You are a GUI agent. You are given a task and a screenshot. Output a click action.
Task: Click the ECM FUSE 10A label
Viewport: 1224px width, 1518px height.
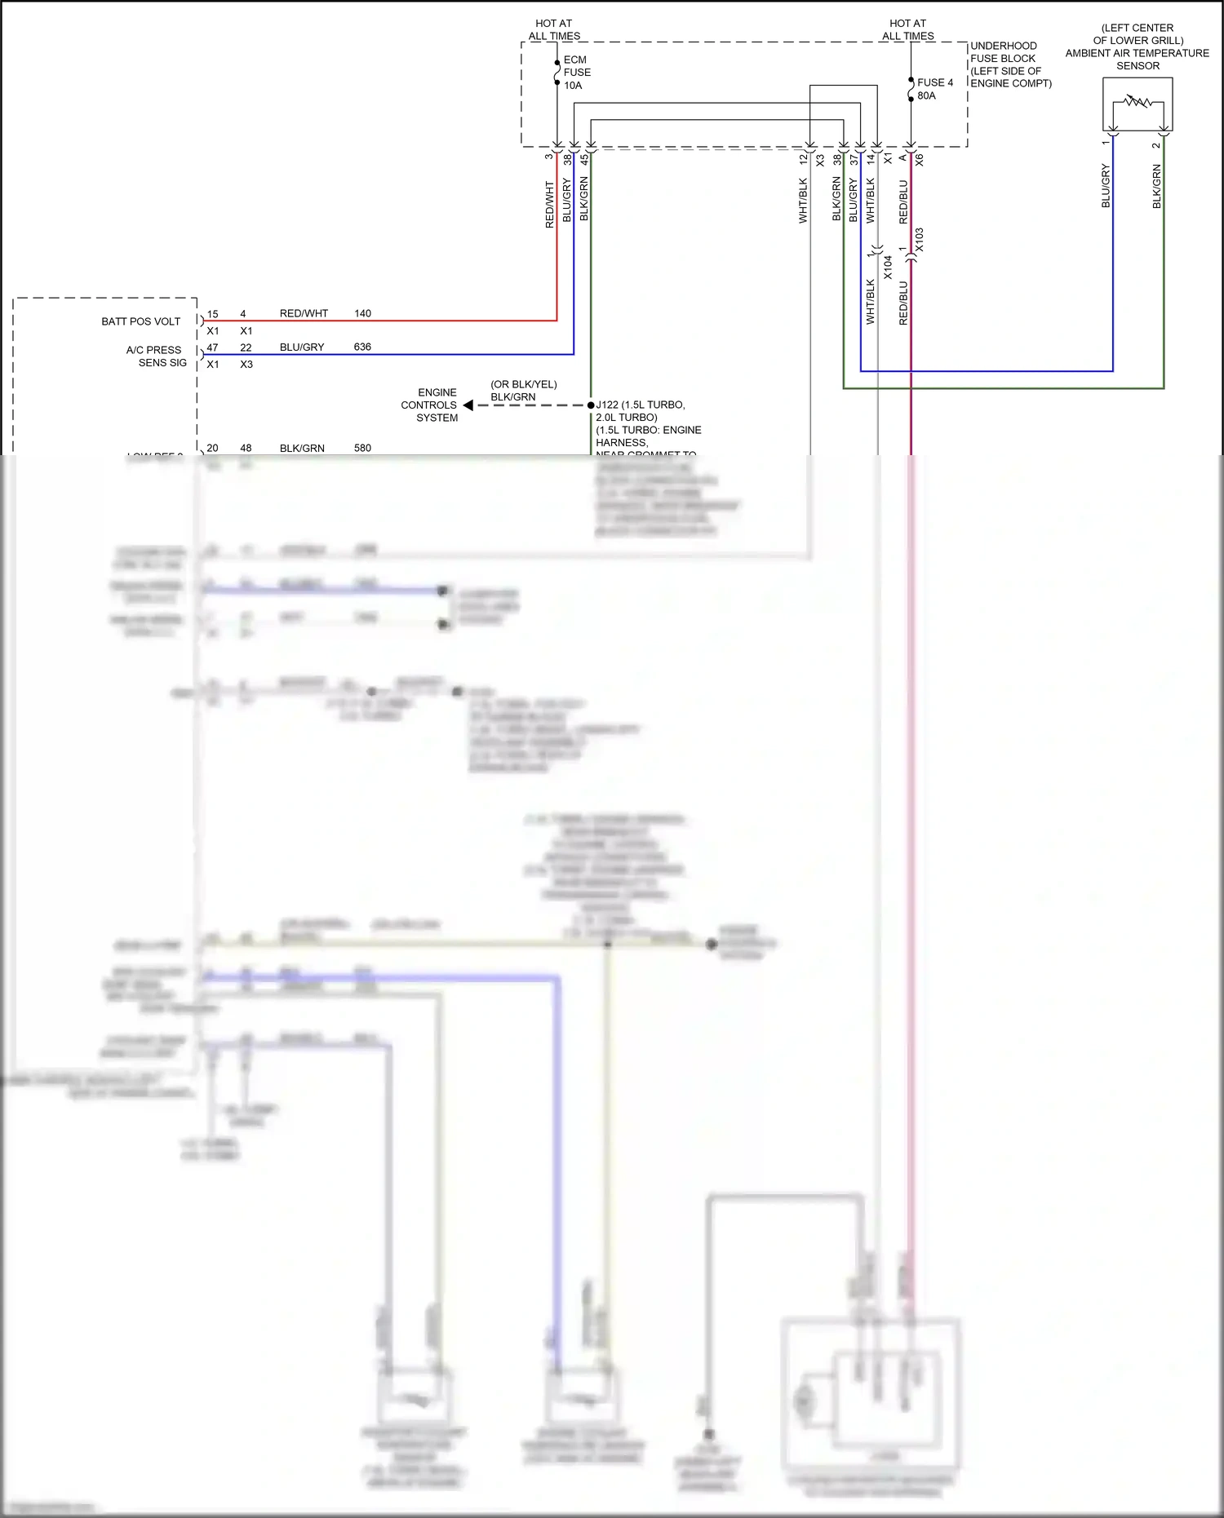click(576, 73)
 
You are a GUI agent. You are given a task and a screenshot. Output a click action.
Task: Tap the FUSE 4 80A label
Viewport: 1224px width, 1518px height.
click(934, 89)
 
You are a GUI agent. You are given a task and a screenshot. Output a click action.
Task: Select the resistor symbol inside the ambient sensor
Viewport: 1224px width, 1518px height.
click(1138, 102)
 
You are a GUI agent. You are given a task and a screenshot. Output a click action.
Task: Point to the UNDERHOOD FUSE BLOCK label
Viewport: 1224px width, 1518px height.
click(1010, 64)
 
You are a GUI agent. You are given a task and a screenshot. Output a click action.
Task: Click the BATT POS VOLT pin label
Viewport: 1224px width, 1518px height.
click(140, 321)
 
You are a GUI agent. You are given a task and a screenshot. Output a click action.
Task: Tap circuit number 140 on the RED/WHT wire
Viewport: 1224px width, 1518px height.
click(362, 313)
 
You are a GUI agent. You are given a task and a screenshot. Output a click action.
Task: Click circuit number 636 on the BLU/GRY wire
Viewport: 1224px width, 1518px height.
click(362, 347)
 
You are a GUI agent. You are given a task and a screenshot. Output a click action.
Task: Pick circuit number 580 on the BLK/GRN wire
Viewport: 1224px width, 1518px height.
click(362, 448)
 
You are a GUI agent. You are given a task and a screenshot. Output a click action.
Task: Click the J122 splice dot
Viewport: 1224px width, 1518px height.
click(591, 405)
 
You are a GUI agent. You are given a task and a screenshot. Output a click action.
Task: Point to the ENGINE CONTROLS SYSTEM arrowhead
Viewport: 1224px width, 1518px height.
click(468, 405)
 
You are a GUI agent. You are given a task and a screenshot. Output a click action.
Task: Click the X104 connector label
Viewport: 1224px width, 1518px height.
click(888, 267)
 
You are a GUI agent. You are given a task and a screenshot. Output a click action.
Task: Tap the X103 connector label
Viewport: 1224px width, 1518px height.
click(920, 240)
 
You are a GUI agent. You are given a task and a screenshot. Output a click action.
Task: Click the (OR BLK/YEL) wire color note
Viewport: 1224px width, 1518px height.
click(523, 384)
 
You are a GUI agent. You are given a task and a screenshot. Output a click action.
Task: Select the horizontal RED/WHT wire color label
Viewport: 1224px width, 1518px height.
click(304, 313)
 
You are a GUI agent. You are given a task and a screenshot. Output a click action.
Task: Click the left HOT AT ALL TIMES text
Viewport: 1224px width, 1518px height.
click(554, 29)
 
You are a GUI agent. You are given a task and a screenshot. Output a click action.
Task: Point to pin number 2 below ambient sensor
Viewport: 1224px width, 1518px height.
click(1155, 145)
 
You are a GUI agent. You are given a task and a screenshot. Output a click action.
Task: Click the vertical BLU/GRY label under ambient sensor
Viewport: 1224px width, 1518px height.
click(1106, 186)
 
